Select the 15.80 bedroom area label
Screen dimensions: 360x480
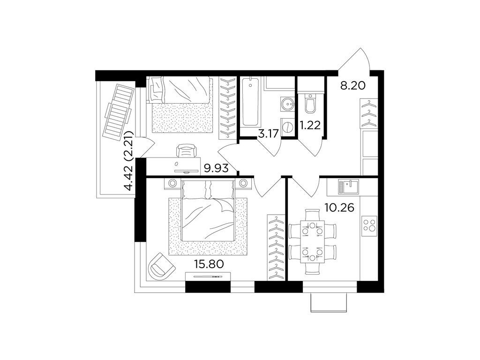pyautogui.click(x=209, y=264)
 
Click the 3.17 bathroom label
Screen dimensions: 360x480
pyautogui.click(x=268, y=134)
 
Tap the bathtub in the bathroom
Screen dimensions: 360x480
pyautogui.click(x=249, y=101)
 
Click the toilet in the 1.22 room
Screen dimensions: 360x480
pyautogui.click(x=310, y=103)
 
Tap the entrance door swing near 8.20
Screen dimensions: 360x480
pyautogui.click(x=355, y=61)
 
